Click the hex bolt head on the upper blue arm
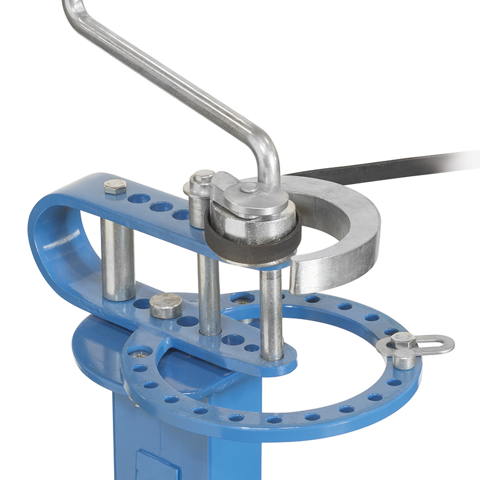115,187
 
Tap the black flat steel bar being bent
390,165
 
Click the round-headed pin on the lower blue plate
166,305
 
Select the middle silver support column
209,294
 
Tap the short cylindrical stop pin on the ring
404,359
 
